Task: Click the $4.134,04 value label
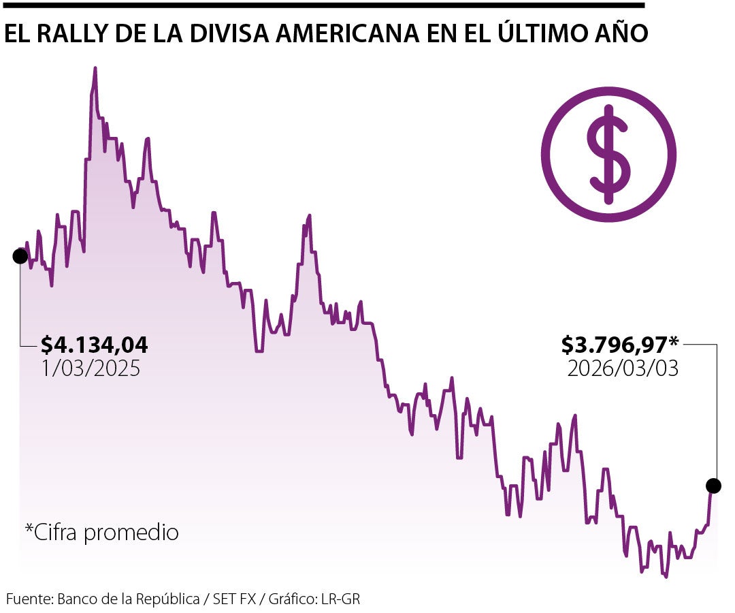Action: pos(94,345)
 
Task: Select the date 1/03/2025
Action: pos(91,368)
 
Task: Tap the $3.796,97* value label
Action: pos(620,345)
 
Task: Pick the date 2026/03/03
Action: pos(623,368)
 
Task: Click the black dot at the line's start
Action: pos(20,256)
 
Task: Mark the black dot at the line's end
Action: pos(713,486)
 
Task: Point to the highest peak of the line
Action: pos(95,69)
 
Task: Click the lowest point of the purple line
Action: pos(666,576)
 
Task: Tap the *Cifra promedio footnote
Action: pos(102,532)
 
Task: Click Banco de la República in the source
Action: pos(129,599)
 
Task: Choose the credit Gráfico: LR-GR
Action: pos(314,599)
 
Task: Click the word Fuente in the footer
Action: pos(29,599)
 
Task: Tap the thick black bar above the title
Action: pos(323,5)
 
